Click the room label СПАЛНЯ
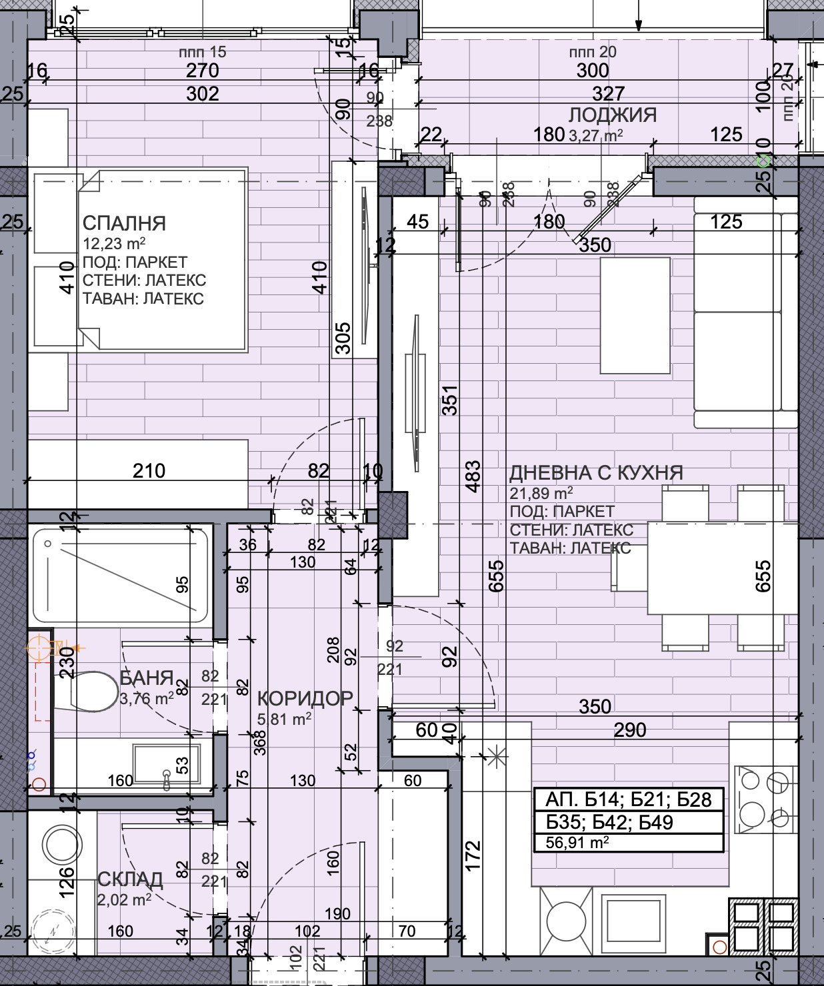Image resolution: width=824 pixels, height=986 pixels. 124,223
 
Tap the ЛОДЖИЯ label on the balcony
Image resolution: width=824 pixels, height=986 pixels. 612,115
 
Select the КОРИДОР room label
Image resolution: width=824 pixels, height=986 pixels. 305,698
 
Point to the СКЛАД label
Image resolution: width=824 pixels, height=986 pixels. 130,879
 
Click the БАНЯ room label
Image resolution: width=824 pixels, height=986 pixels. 146,678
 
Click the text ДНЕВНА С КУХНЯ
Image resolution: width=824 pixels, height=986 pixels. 596,473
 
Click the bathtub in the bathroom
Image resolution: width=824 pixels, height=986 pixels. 121,575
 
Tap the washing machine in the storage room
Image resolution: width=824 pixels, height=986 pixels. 62,844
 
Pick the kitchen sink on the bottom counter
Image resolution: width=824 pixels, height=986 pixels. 633,920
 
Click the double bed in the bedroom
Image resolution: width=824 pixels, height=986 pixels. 163,260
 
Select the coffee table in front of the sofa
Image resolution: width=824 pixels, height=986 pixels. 635,316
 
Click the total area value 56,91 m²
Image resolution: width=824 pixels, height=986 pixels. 577,842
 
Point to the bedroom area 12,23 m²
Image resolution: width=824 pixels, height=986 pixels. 114,244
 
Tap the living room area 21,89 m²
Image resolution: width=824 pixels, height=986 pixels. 541,494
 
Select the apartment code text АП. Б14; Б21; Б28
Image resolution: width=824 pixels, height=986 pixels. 628,799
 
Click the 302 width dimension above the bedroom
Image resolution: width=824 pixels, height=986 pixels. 202,94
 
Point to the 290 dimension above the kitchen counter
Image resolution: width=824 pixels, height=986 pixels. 629,730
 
